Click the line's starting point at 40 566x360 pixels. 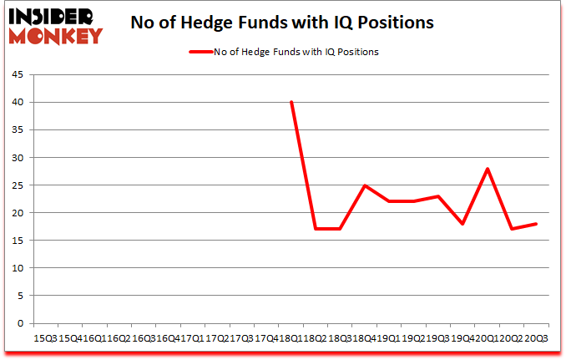[291, 102]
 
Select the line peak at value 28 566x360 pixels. [487, 168]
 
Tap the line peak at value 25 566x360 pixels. [365, 185]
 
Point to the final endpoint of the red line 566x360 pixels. [536, 223]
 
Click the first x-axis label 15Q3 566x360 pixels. [43, 337]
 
